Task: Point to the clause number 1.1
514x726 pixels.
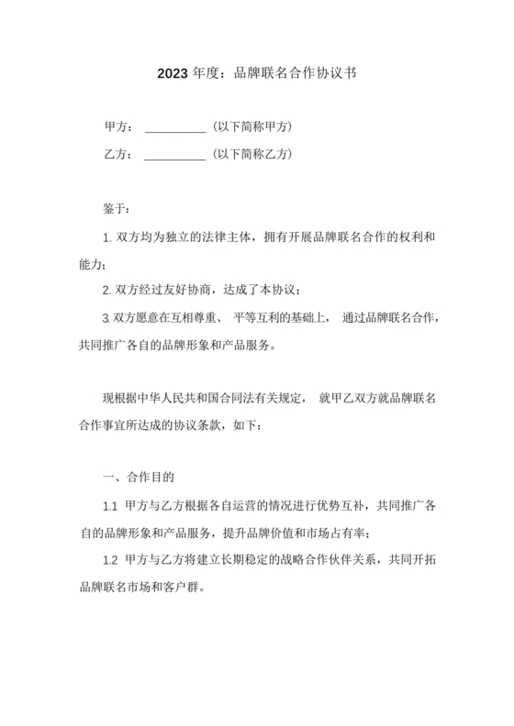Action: pyautogui.click(x=109, y=507)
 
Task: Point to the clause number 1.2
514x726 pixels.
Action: pyautogui.click(x=109, y=561)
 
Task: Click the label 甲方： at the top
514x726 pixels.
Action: pyautogui.click(x=118, y=126)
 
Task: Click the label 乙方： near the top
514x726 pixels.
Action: pyautogui.click(x=118, y=154)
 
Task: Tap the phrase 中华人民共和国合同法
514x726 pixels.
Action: pyautogui.click(x=228, y=399)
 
